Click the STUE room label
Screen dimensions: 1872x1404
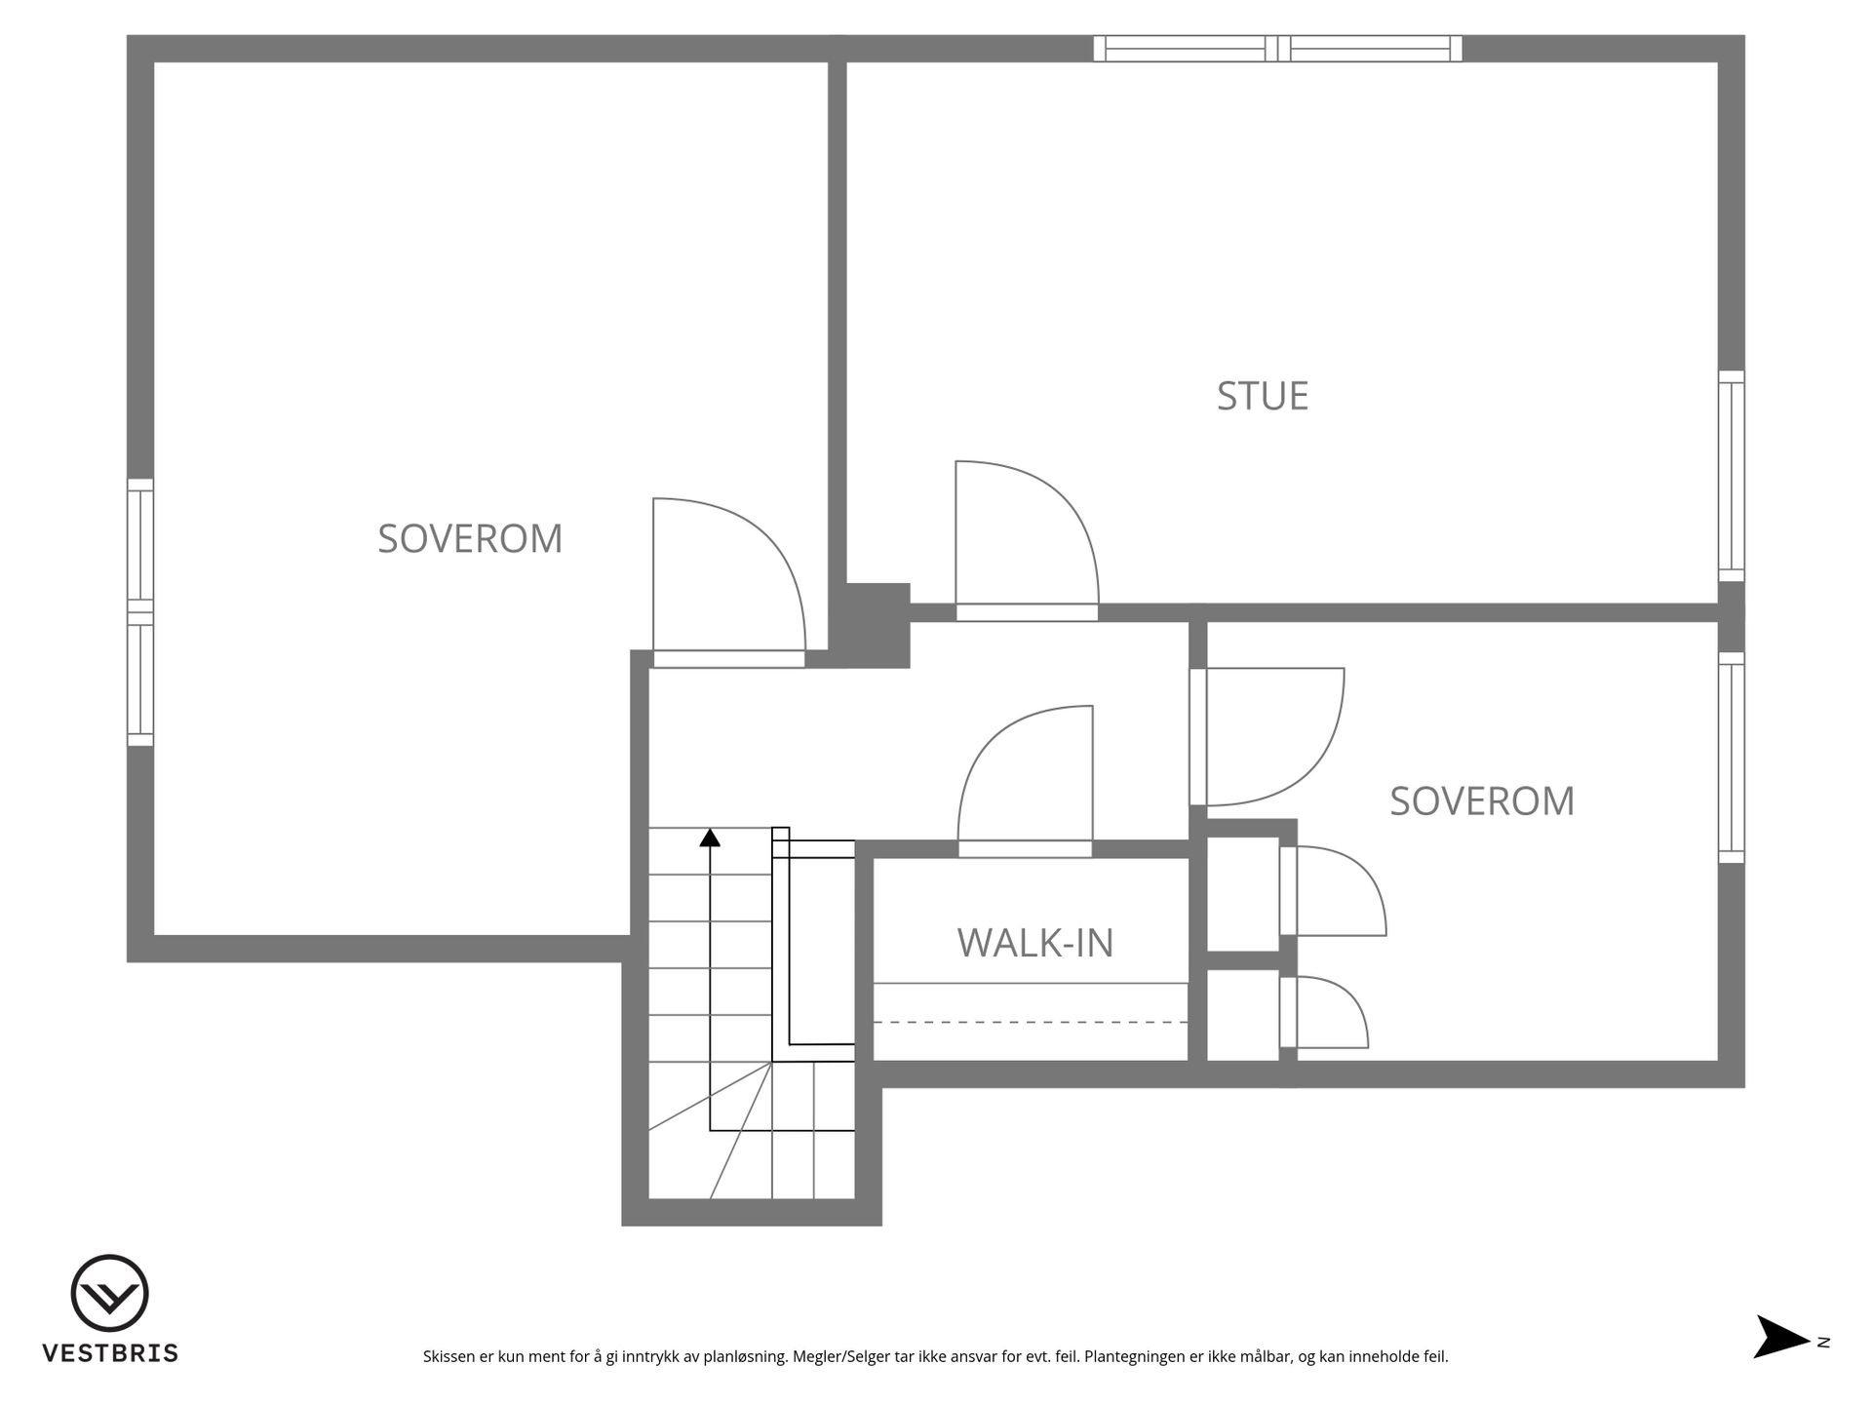1263,396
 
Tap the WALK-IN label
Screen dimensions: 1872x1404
1035,943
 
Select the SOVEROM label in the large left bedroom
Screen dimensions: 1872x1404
470,538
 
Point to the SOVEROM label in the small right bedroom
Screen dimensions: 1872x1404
1482,801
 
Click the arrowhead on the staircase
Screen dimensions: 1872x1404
710,837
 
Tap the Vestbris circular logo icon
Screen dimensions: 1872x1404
109,1293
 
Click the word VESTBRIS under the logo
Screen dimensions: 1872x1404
110,1353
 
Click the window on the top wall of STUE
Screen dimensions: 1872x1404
1277,49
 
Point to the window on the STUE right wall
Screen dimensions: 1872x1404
1732,476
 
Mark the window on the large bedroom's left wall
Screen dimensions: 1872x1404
140,612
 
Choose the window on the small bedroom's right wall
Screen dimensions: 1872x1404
1732,758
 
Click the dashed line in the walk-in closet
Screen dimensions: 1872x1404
1031,1022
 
